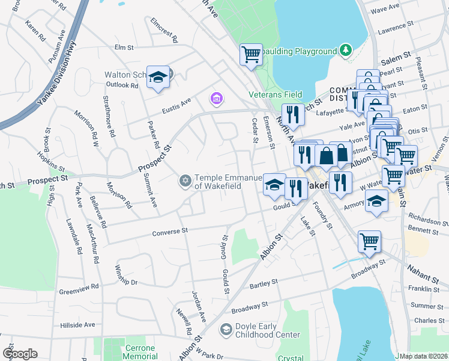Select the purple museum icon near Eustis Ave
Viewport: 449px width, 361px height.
tap(215, 97)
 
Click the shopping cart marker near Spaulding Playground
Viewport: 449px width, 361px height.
tap(251, 54)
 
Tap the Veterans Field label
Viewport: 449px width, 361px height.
tap(276, 94)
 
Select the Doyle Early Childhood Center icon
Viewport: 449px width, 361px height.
tap(226, 329)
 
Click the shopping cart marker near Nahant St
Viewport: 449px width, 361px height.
tap(369, 241)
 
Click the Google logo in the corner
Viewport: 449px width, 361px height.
tap(19, 354)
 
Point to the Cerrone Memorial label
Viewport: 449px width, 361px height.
tap(140, 352)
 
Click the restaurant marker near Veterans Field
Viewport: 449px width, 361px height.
tap(293, 114)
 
